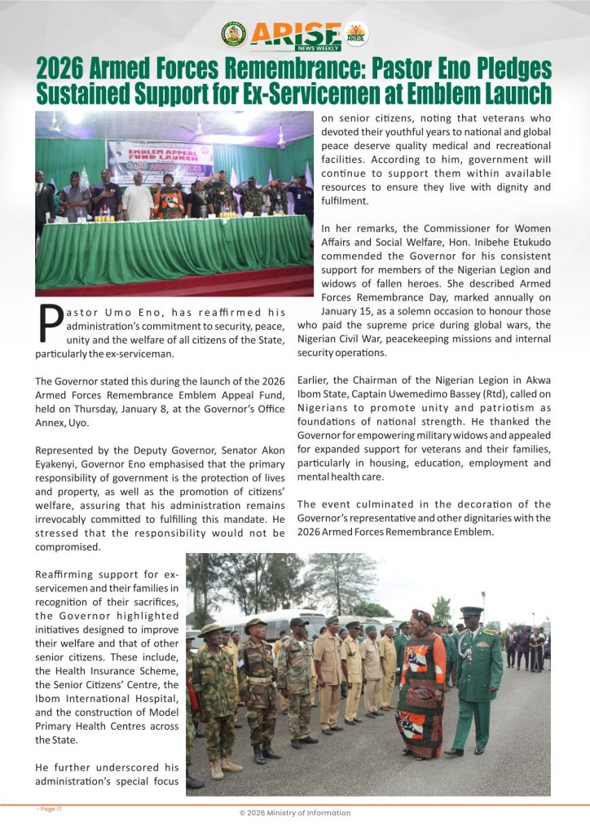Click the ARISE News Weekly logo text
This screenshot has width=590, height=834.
click(x=295, y=34)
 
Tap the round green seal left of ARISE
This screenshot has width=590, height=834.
click(x=234, y=33)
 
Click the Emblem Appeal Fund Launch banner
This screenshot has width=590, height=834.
click(x=160, y=152)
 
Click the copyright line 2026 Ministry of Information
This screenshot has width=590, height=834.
click(x=295, y=813)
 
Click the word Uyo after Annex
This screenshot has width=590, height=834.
click(x=83, y=424)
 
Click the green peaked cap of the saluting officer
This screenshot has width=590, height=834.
click(x=471, y=612)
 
